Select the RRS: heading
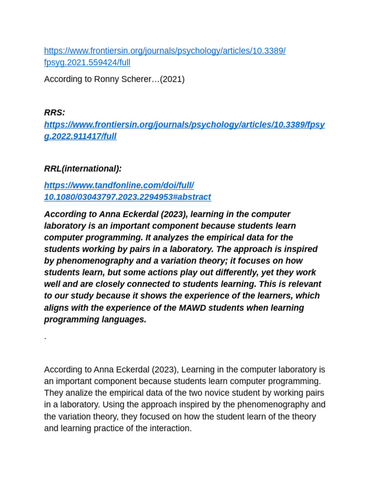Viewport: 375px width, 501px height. (54, 113)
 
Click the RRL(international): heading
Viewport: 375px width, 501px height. (83, 169)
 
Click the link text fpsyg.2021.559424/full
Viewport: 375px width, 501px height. (87, 63)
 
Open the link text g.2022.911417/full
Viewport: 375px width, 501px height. (80, 137)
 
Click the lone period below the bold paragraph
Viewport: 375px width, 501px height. (45, 338)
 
